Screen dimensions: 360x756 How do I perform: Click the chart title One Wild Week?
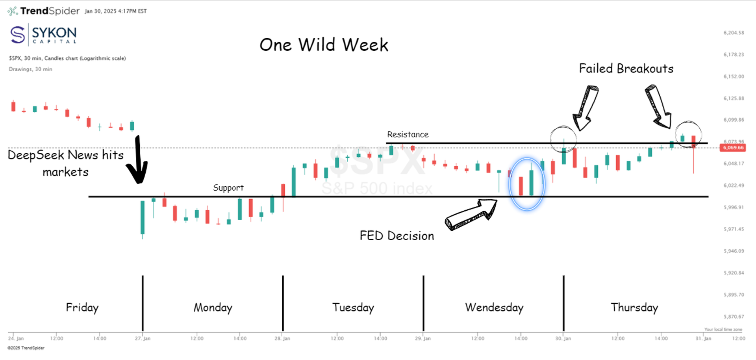coord(324,45)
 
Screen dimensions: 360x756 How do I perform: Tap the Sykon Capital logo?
coord(43,35)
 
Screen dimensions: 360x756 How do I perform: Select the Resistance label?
coord(408,134)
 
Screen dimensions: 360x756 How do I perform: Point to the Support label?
coord(228,187)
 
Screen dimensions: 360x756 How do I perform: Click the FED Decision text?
coord(397,236)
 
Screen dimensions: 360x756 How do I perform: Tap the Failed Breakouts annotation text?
coord(626,69)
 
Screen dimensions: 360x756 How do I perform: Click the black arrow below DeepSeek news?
coord(137,161)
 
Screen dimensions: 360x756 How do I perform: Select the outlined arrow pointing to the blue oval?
coord(471,215)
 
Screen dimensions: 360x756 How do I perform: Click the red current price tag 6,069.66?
coord(732,148)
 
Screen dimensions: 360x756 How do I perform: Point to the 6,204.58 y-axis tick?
coord(734,33)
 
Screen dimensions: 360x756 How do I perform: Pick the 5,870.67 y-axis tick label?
coord(734,316)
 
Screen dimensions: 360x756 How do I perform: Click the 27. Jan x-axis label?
coord(143,338)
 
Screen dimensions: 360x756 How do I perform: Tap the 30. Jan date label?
coord(563,338)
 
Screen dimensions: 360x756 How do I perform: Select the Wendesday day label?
coord(494,307)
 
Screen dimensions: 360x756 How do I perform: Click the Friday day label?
coord(82,307)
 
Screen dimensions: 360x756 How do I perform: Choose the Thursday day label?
coord(634,307)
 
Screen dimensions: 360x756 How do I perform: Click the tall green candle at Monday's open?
coord(143,217)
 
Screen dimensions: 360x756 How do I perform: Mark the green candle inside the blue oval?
coord(531,182)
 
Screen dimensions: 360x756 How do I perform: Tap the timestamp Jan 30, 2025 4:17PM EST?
coord(115,11)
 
